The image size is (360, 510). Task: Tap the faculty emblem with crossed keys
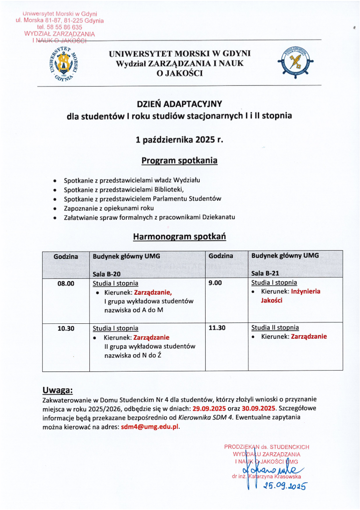pos(295,64)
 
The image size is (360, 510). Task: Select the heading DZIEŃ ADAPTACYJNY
pos(179,104)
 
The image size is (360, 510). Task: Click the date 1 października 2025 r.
pos(179,140)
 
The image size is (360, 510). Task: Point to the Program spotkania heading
pos(179,161)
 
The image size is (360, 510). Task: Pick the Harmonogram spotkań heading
pos(179,237)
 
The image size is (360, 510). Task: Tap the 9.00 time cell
pos(215,283)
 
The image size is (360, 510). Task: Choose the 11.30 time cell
pos(217,327)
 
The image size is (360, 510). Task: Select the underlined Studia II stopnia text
pos(275,327)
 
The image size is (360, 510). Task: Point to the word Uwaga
pos(57,390)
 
